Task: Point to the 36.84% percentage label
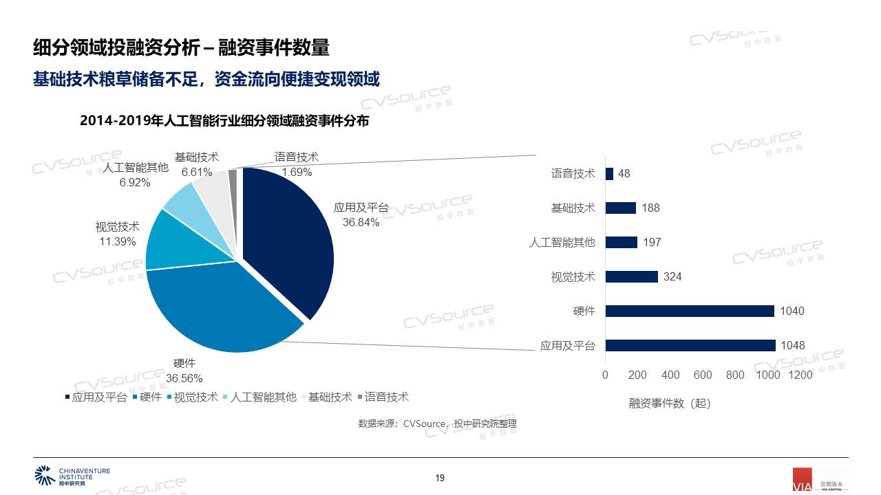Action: click(361, 222)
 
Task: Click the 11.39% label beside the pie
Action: click(118, 241)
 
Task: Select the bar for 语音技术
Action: click(609, 174)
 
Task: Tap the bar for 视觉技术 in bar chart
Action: click(632, 276)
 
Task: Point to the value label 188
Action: click(650, 208)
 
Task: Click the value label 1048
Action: click(792, 345)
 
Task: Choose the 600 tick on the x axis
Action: click(703, 375)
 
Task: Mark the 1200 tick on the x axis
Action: click(800, 375)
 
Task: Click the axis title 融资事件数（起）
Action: click(669, 404)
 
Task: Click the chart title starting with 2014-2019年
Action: click(224, 121)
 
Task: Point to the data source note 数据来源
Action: click(437, 423)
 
